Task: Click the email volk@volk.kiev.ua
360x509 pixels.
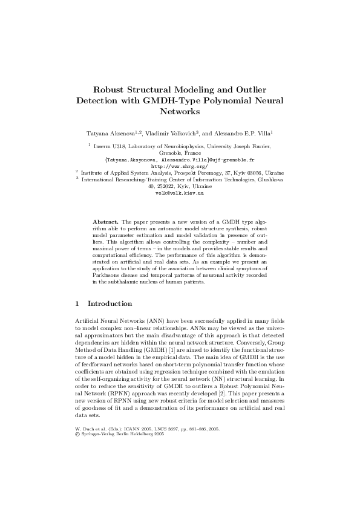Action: click(180, 193)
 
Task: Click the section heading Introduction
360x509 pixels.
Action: click(110, 303)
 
